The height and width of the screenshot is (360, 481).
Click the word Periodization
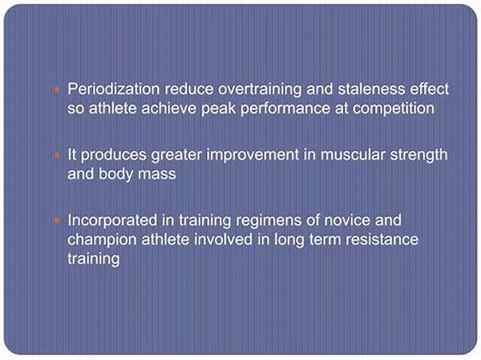tap(107, 89)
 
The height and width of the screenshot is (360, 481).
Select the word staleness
tap(352, 89)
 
